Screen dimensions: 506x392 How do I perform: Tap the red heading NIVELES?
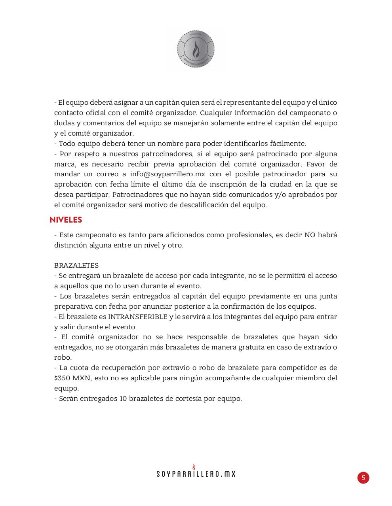66,220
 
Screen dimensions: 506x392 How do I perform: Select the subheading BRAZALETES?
76,265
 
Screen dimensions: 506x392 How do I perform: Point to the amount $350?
61,378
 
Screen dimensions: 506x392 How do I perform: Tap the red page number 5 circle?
363,478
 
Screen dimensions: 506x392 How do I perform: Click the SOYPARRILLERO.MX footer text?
196,474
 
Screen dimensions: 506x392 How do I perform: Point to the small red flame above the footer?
194,466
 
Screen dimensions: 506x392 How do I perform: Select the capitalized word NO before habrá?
309,235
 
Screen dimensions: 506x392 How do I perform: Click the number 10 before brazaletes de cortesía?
123,398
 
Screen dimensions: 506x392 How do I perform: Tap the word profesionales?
249,235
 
